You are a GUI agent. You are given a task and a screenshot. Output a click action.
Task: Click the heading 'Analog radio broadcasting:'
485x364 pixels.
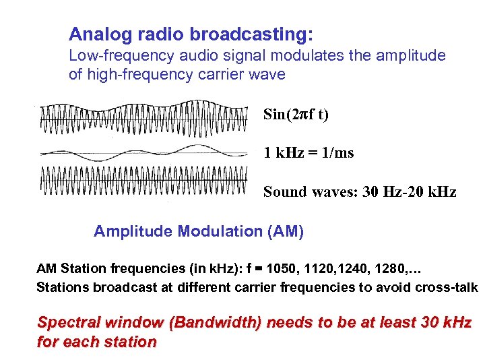tap(191, 34)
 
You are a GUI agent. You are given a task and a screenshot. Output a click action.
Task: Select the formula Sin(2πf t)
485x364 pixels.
tap(296, 114)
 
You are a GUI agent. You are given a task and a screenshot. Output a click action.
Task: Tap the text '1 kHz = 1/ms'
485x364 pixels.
tap(309, 153)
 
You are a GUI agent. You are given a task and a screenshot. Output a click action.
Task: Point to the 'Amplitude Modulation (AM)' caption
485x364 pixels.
tap(199, 232)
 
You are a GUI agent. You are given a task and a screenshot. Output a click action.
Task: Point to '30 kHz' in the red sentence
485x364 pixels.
tap(447, 322)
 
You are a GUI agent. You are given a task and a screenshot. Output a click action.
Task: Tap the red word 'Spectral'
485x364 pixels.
tap(66, 322)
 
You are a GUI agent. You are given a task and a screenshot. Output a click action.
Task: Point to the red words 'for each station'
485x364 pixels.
tap(96, 342)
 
